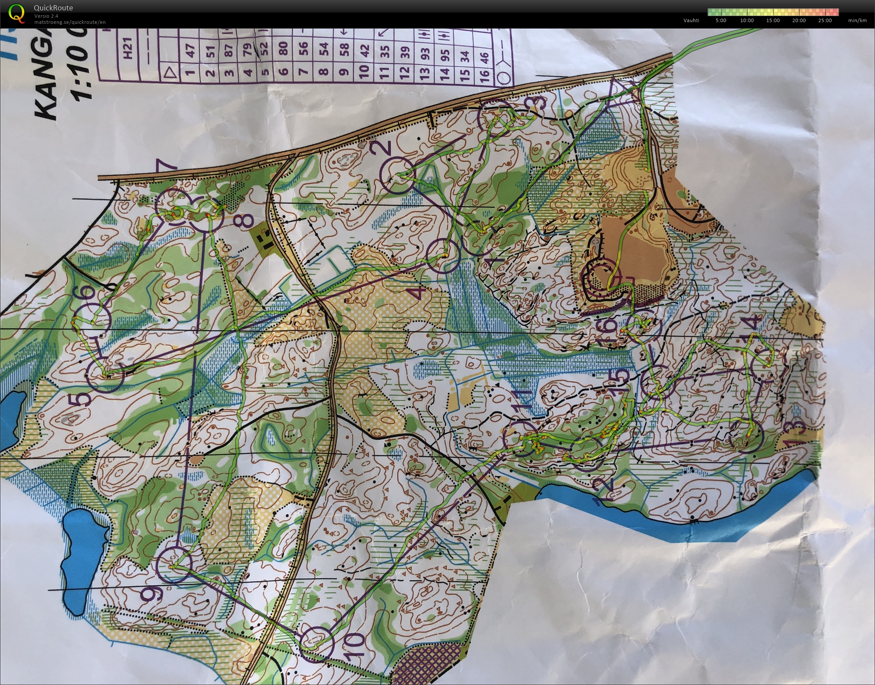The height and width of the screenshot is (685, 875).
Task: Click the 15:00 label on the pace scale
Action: pos(773,20)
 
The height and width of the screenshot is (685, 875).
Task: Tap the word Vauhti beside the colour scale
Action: pos(691,20)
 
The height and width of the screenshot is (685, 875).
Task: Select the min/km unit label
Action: pos(857,20)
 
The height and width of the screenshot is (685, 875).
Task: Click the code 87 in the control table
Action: pos(229,50)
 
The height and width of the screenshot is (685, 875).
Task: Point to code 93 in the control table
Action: pos(425,53)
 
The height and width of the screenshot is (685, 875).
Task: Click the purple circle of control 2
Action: pos(398,176)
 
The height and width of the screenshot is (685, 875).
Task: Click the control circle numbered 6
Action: pos(92,321)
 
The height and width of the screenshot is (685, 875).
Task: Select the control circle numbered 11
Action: pos(523,439)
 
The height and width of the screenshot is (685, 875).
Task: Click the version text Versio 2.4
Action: pos(46,16)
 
